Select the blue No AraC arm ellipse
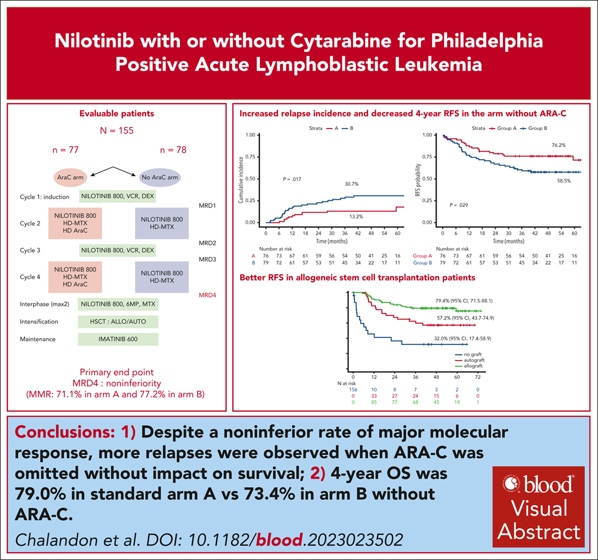160,178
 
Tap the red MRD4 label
207,295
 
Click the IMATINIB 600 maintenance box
118,339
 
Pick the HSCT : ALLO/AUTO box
118,322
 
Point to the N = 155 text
117,131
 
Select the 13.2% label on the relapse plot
356,217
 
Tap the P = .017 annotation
292,180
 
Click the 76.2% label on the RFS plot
558,146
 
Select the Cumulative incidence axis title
241,180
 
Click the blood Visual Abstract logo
539,506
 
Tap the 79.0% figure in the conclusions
41,494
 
